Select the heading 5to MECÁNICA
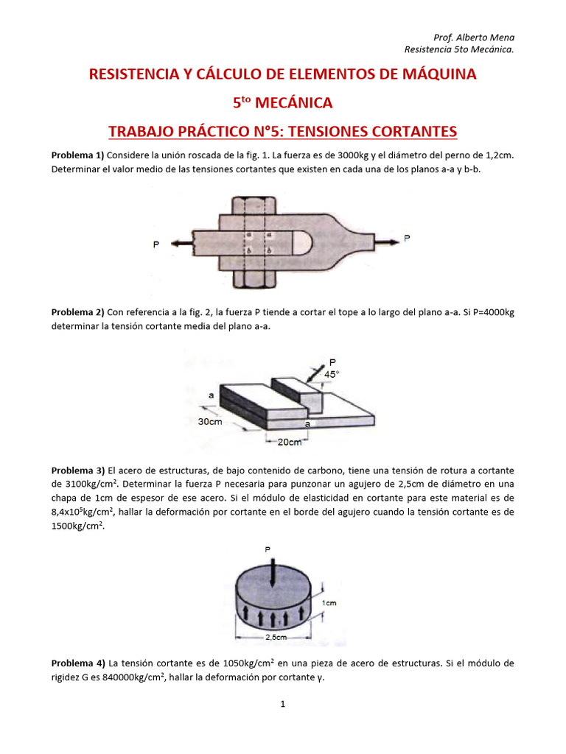click(282, 102)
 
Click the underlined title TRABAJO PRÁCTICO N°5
click(282, 132)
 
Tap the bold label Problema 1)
click(77, 156)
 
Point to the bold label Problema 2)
click(77, 312)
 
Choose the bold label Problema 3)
click(77, 470)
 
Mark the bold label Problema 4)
click(77, 663)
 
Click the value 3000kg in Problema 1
click(324, 156)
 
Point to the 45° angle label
click(332, 375)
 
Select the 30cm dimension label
click(211, 422)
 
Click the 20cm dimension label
click(290, 443)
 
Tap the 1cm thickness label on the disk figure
click(330, 603)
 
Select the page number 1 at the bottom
click(282, 704)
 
